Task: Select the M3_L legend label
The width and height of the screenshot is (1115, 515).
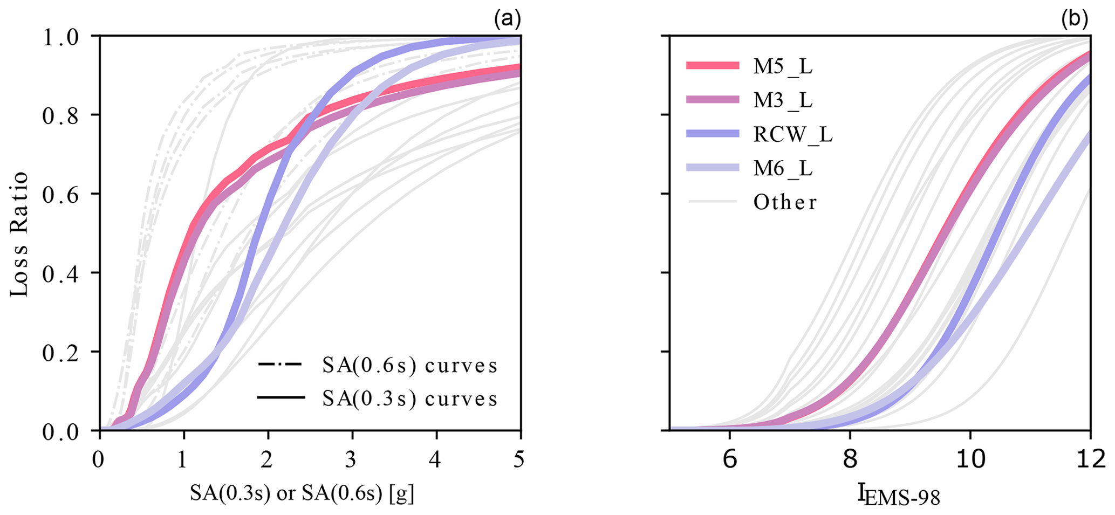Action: (x=783, y=100)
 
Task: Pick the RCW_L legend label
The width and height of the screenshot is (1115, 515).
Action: (x=793, y=134)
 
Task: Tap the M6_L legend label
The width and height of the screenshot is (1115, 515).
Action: (x=783, y=168)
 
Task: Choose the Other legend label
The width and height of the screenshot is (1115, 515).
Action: (x=785, y=202)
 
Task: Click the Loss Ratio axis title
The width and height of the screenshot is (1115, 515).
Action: (x=19, y=234)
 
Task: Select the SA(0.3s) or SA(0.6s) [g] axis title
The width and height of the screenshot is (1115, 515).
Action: (x=302, y=493)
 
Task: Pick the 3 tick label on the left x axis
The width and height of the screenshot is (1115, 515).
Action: (x=352, y=460)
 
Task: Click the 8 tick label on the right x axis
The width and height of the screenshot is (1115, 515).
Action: (x=850, y=460)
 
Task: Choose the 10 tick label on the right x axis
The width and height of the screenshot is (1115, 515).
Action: (x=970, y=460)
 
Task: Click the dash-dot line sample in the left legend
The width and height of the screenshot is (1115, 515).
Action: (x=281, y=366)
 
